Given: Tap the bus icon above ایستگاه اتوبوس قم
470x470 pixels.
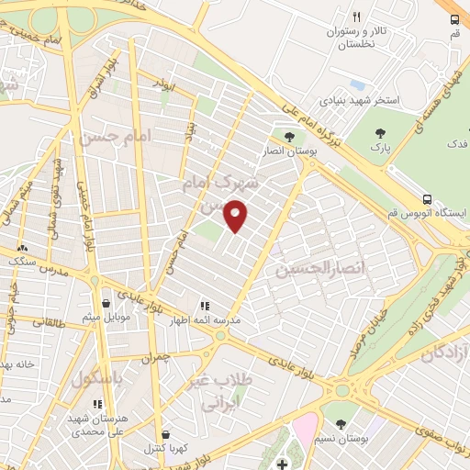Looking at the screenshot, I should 427,198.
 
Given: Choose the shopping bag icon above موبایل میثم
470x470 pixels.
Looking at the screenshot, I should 106,302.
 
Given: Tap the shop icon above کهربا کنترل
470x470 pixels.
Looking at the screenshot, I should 164,435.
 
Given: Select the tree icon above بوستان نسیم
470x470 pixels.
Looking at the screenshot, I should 341,424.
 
